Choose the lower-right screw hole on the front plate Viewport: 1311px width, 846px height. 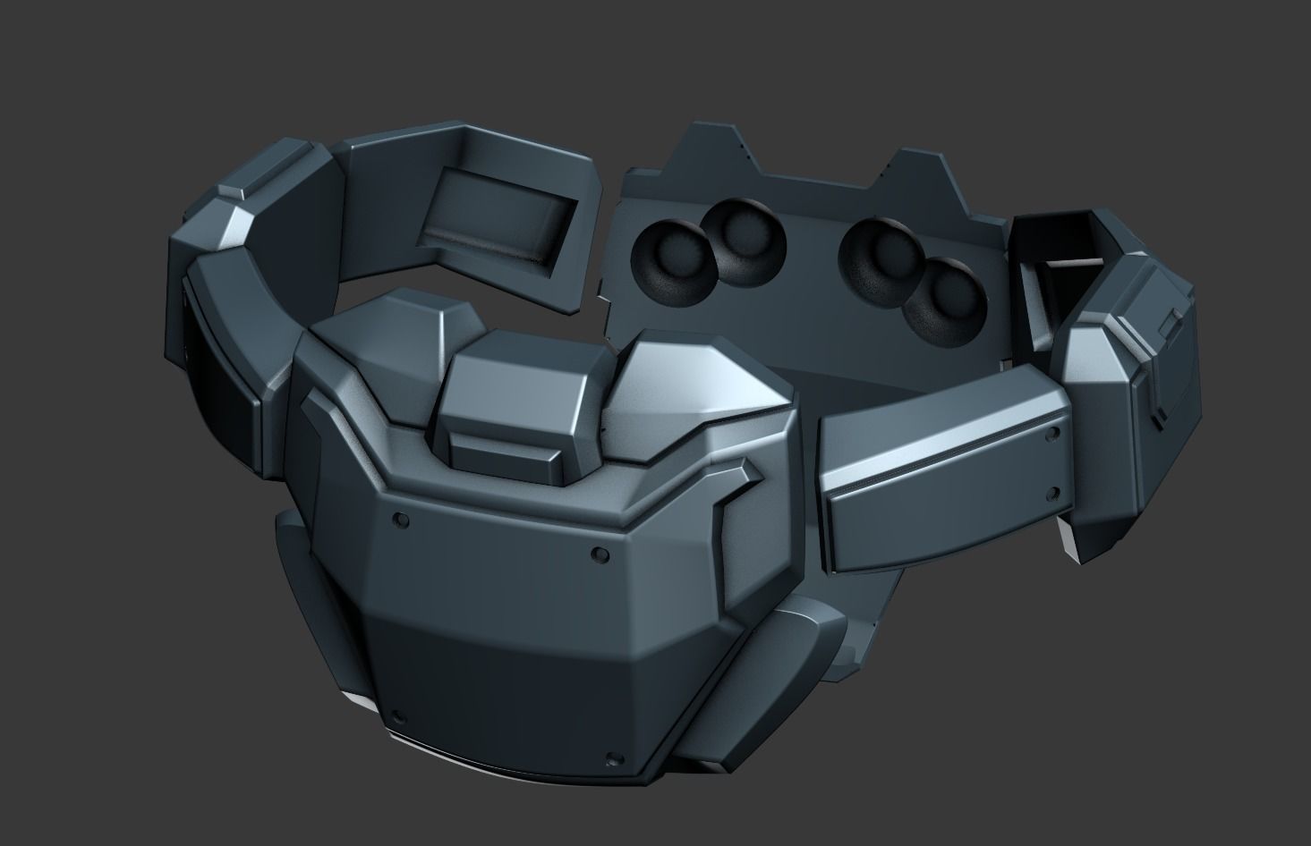pyautogui.click(x=612, y=761)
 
